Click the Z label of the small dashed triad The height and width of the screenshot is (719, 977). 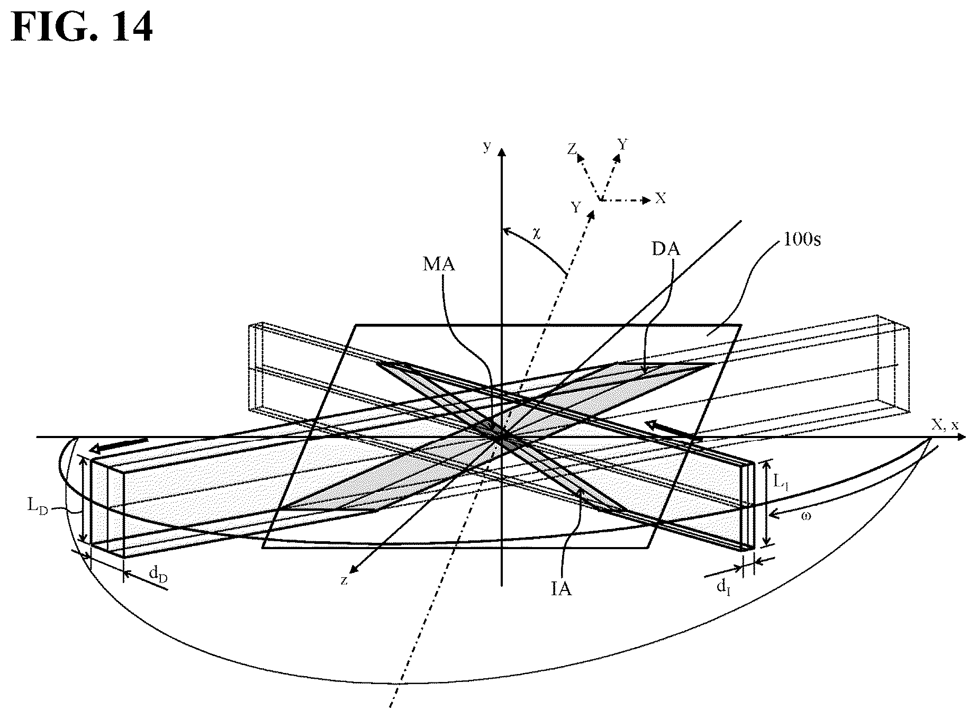click(x=572, y=150)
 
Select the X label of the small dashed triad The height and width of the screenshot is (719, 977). click(x=661, y=198)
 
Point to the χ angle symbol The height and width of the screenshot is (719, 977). click(x=537, y=234)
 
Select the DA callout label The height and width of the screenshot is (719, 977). click(x=666, y=249)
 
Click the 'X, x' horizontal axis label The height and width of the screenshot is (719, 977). click(x=945, y=424)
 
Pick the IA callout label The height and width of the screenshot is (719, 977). click(x=561, y=589)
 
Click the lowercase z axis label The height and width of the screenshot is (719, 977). click(x=344, y=580)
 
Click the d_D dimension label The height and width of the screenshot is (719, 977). click(x=158, y=574)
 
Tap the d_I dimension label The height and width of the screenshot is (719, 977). click(x=722, y=587)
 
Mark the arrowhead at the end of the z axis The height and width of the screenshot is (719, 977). click(x=355, y=567)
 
